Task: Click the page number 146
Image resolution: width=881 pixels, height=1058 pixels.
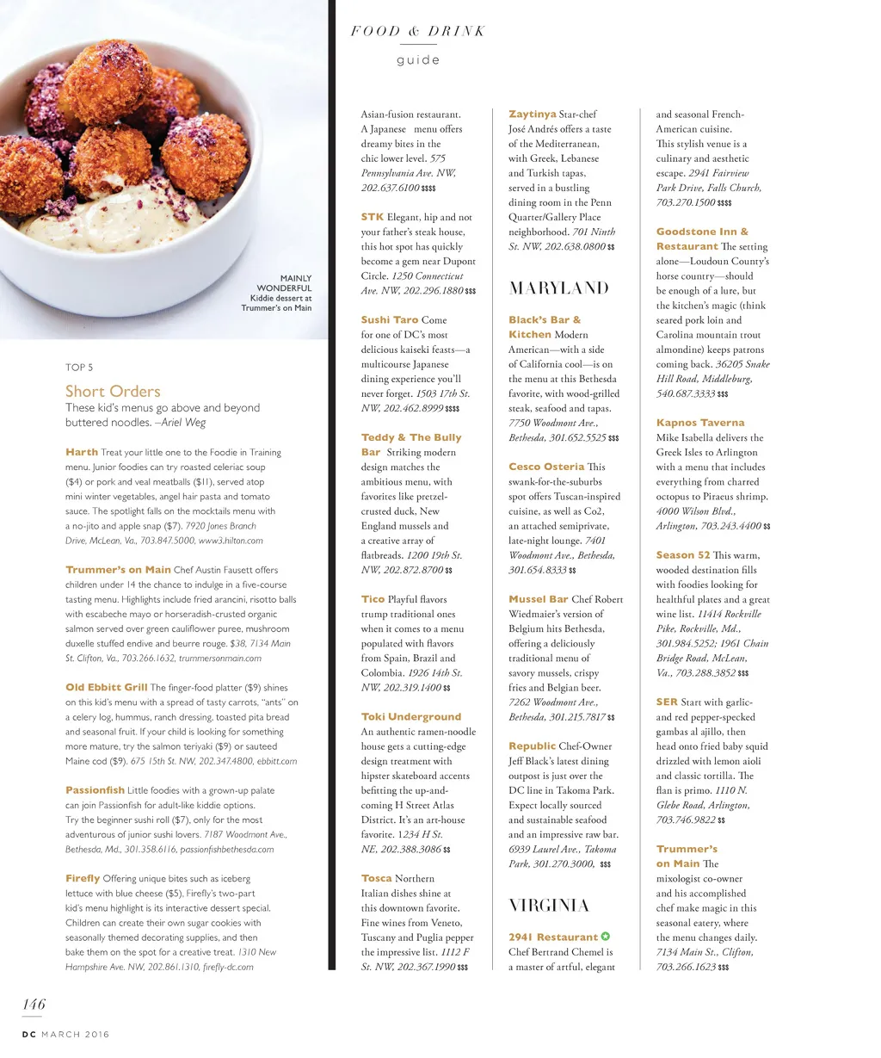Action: tap(34, 1005)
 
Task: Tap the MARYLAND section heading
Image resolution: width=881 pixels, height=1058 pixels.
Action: tap(558, 288)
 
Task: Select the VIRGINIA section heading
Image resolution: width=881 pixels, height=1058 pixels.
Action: tap(548, 905)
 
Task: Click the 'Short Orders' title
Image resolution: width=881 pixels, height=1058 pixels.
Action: tap(113, 392)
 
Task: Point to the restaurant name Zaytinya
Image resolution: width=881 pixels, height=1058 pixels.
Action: tap(532, 114)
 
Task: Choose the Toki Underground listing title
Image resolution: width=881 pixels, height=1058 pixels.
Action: tap(410, 716)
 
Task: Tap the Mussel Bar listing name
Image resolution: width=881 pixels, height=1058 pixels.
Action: tap(538, 599)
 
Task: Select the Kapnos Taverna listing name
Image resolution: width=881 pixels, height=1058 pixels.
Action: tap(699, 423)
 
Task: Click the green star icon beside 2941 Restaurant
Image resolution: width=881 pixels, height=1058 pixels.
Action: tap(606, 937)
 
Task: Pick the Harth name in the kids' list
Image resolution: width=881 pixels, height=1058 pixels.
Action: tap(82, 452)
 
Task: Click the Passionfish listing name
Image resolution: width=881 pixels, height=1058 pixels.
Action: tap(95, 790)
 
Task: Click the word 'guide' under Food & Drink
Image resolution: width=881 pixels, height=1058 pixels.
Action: tap(418, 60)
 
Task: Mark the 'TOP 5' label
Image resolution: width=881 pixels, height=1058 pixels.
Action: tap(79, 368)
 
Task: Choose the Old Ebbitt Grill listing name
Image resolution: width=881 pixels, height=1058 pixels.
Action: tap(106, 688)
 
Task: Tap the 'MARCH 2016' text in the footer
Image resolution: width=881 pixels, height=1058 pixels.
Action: tap(75, 1035)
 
